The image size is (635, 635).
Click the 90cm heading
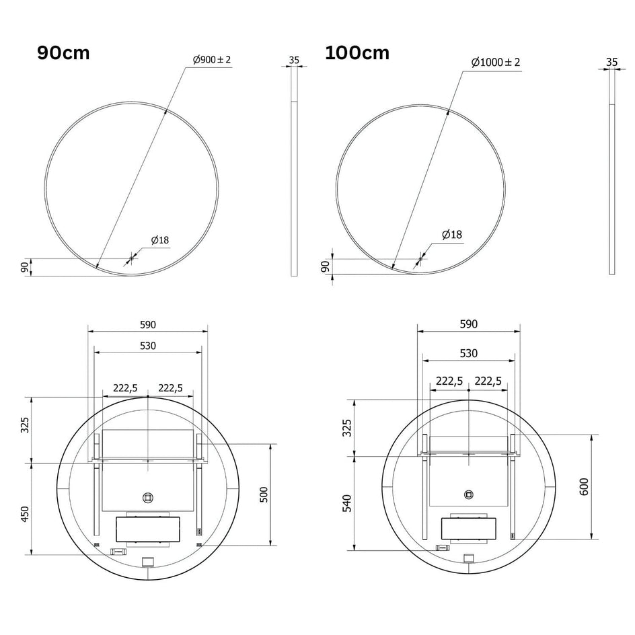(x=63, y=52)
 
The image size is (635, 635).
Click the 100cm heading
(x=357, y=52)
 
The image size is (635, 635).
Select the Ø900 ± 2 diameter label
(x=212, y=59)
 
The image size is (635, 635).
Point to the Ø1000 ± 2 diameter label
(x=496, y=62)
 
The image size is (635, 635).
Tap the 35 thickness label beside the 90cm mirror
(x=294, y=60)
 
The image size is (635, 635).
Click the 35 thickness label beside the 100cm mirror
(x=612, y=62)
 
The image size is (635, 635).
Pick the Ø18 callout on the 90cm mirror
(x=160, y=240)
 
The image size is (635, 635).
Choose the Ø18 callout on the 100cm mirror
(x=452, y=235)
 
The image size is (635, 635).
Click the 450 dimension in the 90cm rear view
(x=25, y=514)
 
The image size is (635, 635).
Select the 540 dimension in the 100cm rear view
(x=347, y=503)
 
